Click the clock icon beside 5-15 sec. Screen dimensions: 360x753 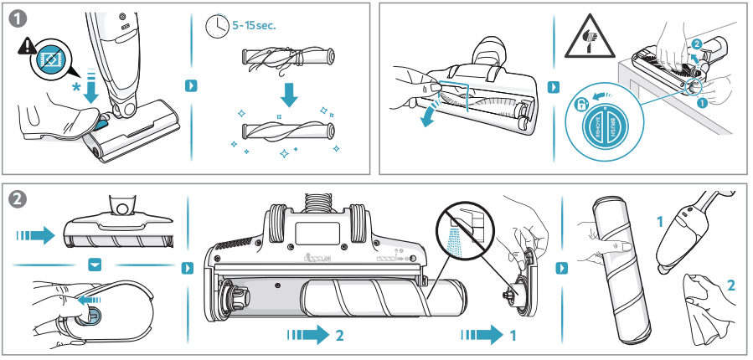coord(215,27)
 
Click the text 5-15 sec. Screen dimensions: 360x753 coord(253,24)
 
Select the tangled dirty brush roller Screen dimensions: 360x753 coord(289,59)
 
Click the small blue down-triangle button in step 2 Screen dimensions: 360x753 coord(95,265)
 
